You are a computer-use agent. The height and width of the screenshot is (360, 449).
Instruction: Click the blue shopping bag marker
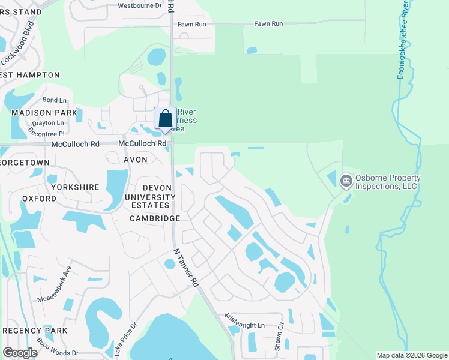point(165,119)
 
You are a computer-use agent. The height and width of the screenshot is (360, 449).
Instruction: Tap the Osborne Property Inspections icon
point(346,181)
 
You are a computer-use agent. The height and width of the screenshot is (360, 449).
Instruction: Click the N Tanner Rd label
point(186,268)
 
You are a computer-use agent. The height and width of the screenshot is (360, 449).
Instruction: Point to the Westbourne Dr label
point(140,5)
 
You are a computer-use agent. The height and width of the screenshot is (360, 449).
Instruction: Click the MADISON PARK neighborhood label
point(44,113)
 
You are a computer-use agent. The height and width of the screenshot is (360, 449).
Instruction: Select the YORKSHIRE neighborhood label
point(75,187)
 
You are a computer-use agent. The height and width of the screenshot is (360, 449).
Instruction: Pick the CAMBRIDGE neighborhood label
point(154,219)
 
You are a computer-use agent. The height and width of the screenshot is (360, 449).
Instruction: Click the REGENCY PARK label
point(34,331)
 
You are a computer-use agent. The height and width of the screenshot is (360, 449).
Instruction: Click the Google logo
point(20,353)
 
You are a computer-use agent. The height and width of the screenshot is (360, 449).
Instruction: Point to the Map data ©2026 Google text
point(412,355)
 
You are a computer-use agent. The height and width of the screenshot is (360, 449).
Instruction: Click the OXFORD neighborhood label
point(39,199)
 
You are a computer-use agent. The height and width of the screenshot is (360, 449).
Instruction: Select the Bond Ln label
point(54,100)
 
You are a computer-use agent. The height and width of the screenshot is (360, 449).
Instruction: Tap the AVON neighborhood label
point(135,160)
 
